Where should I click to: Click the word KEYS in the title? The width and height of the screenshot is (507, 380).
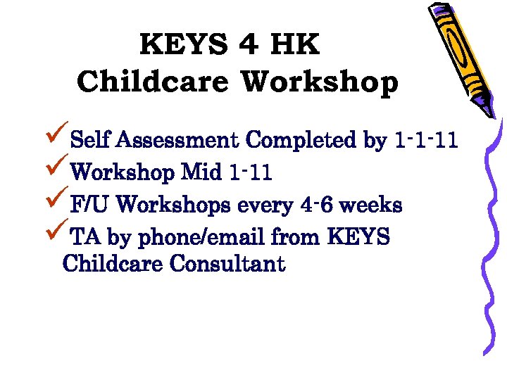coord(184,46)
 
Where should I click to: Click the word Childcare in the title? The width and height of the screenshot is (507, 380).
coord(153,82)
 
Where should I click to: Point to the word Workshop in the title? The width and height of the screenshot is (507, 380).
coord(320,82)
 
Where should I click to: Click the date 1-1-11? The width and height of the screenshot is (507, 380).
coord(427,141)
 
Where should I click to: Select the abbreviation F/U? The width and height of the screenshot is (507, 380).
coord(89,205)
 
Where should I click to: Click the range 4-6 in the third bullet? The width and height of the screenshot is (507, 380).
coord(317,205)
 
